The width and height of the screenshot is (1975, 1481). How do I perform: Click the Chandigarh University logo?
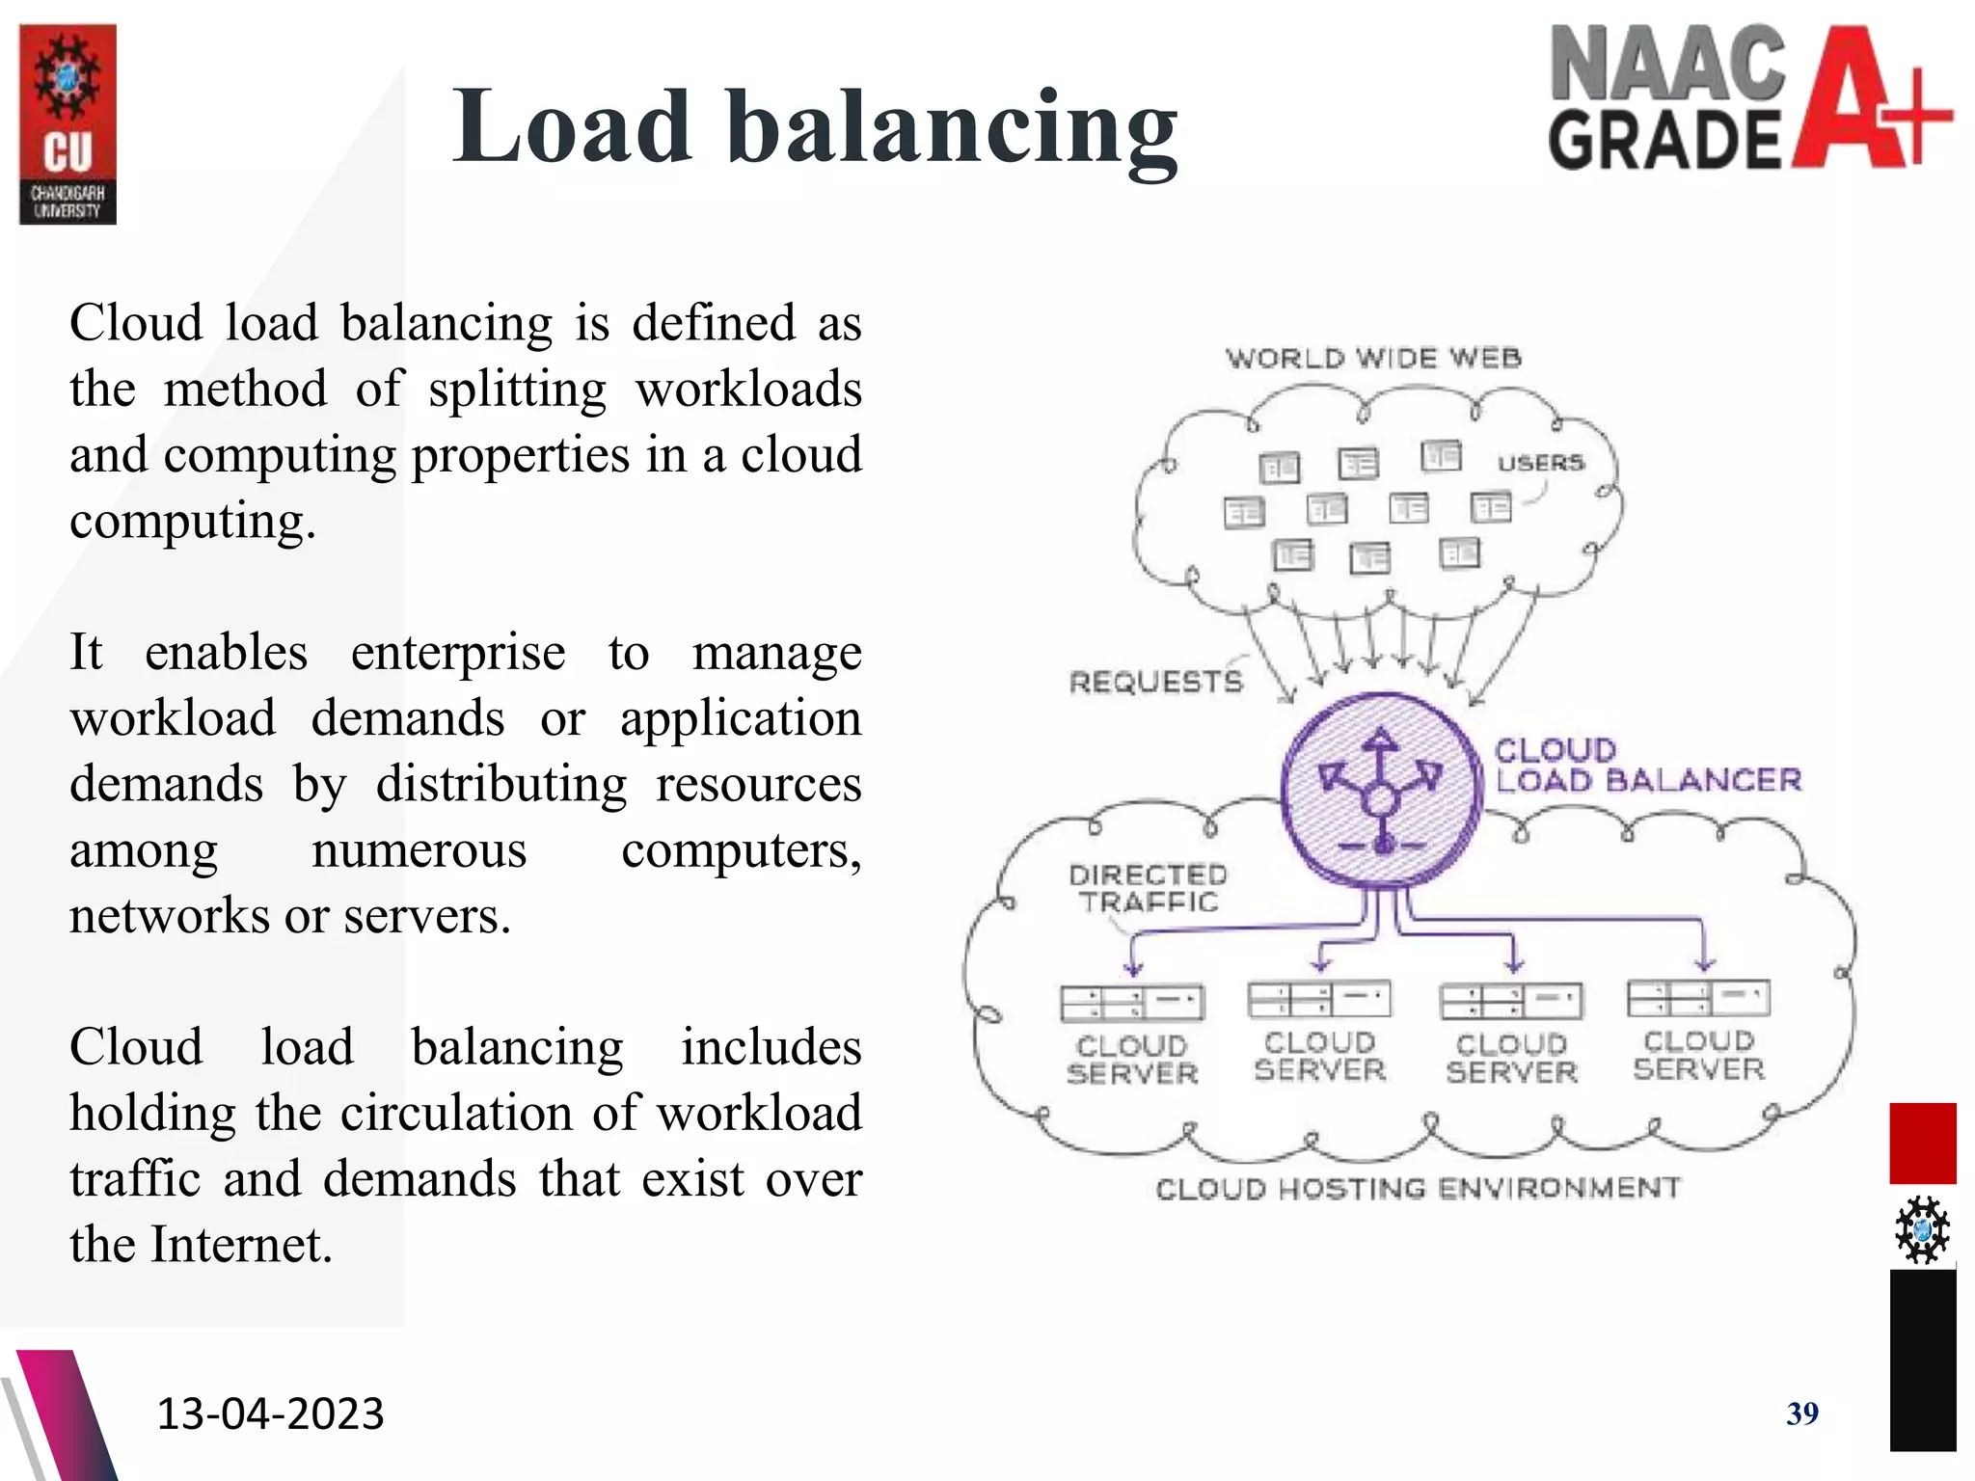pos(68,124)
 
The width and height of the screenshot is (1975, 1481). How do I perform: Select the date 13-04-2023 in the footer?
pos(270,1414)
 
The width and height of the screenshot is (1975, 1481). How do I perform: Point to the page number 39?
pos(1801,1414)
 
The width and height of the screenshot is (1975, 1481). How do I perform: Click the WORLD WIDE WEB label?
pos(1373,359)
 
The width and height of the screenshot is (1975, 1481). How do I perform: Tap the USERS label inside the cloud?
pos(1540,463)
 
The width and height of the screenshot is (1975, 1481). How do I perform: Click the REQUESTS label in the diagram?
pos(1155,683)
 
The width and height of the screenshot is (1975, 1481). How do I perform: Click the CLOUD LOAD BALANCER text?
pos(1647,766)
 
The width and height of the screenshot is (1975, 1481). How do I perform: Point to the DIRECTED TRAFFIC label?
pos(1148,888)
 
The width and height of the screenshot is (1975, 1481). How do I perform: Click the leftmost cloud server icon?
pos(1131,1003)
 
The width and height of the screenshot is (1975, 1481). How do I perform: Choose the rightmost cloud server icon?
pos(1698,998)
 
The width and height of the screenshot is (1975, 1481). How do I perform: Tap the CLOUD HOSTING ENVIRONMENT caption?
pos(1418,1189)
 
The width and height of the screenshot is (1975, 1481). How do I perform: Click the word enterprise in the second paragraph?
pos(458,654)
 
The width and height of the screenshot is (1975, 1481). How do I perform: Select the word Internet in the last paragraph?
pos(241,1245)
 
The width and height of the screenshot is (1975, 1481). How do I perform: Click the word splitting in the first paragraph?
pos(518,390)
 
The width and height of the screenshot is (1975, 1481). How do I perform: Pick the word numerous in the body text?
pos(419,850)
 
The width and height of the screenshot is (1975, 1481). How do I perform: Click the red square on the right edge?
pos(1922,1143)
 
